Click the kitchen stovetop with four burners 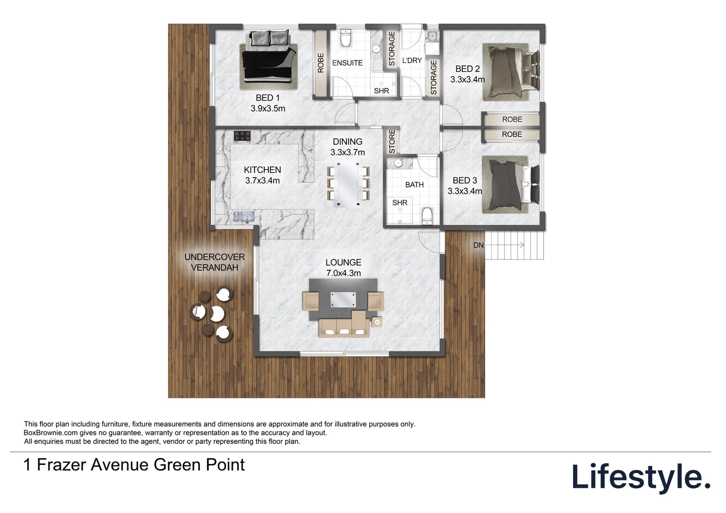click(x=242, y=136)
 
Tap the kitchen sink click(x=244, y=217)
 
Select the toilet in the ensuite click(x=346, y=38)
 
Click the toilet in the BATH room click(x=427, y=216)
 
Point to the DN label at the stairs click(x=478, y=245)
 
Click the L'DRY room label click(x=412, y=60)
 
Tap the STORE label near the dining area click(x=392, y=141)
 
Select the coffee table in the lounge click(x=343, y=299)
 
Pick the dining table click(x=348, y=184)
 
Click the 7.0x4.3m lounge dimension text click(x=343, y=273)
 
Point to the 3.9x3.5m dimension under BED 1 click(x=267, y=109)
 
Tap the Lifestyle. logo click(x=641, y=477)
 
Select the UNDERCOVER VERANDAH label click(x=215, y=262)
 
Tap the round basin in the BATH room click(x=398, y=163)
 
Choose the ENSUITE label click(x=347, y=63)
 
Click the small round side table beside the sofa click(x=377, y=322)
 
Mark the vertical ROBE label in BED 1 click(x=321, y=63)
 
